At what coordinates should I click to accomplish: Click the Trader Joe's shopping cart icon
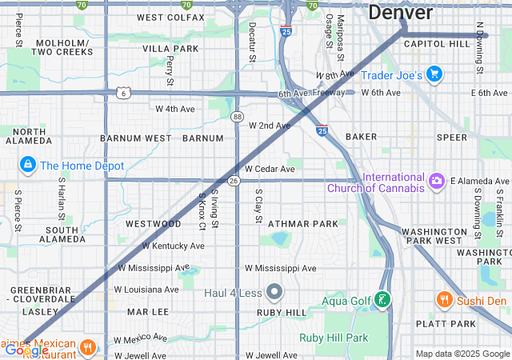(434, 75)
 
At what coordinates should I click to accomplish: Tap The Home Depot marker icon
(28, 165)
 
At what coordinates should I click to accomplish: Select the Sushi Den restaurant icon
(445, 300)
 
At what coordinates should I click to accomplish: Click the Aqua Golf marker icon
(383, 301)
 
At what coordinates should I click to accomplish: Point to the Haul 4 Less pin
(274, 291)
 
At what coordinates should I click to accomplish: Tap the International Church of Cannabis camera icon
(437, 182)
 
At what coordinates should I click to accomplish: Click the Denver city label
(400, 13)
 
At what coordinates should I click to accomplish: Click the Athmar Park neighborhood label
(303, 224)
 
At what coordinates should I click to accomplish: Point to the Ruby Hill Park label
(334, 338)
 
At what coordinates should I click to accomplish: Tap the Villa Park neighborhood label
(170, 49)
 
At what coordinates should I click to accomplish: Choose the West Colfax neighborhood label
(170, 18)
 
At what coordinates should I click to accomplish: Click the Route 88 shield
(238, 117)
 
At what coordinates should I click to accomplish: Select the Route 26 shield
(234, 181)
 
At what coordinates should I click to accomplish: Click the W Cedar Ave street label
(270, 170)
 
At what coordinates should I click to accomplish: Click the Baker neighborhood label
(361, 137)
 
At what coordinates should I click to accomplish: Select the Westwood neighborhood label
(153, 224)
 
